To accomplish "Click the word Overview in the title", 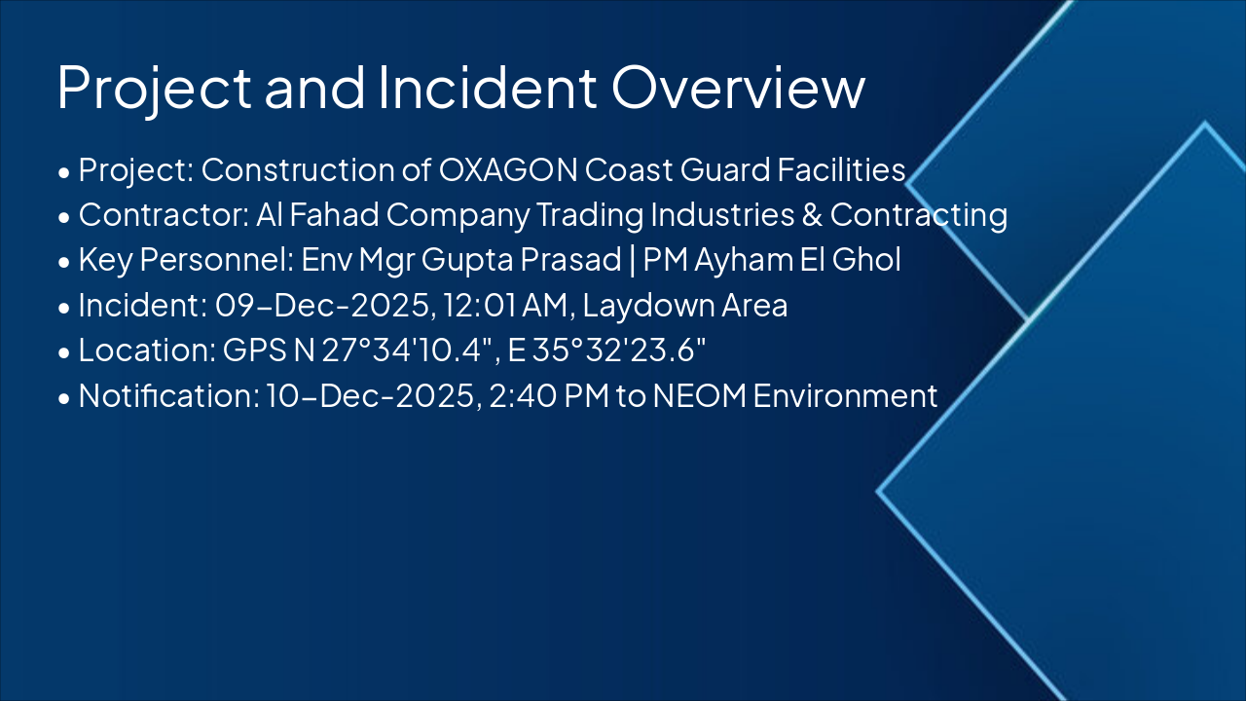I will click(738, 87).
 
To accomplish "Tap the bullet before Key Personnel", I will click(64, 263).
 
